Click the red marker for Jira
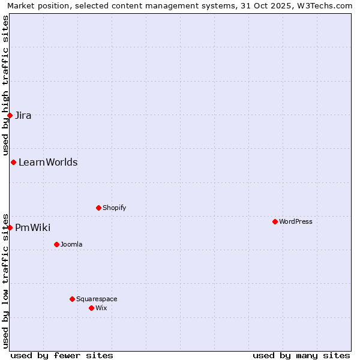tap(10, 115)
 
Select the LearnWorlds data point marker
tap(13, 162)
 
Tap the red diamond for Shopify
tap(98, 208)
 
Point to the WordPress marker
tap(275, 221)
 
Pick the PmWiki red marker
tap(10, 227)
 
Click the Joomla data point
tap(56, 244)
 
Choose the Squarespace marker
tap(72, 299)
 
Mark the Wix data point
tap(91, 308)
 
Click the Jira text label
tap(23, 116)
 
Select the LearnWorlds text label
tap(48, 163)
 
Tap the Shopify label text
tap(114, 208)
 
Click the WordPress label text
tap(295, 222)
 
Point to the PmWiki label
tap(32, 228)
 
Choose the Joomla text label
tap(71, 245)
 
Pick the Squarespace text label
tap(97, 299)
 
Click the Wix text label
tap(101, 308)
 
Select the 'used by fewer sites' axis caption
tap(62, 355)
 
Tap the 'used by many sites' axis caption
tap(301, 355)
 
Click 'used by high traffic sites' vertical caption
tap(6, 85)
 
